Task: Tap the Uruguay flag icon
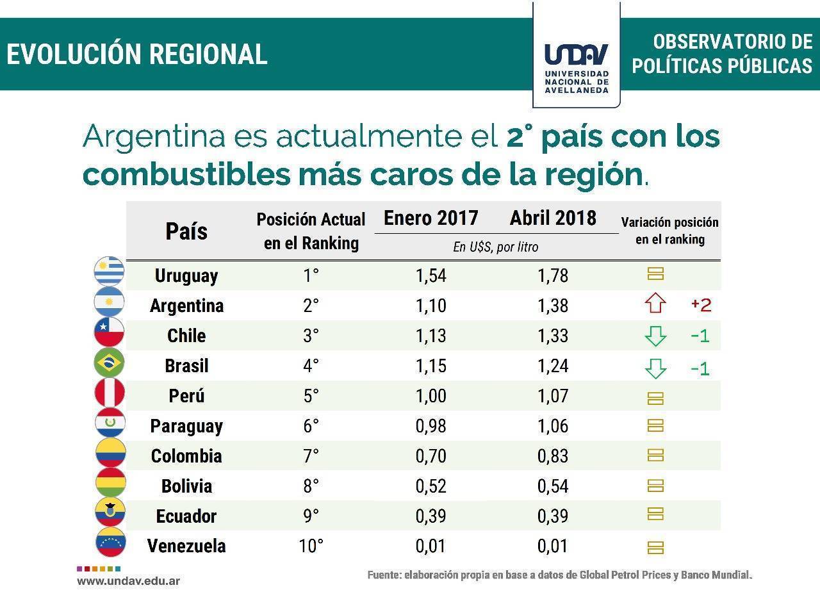[109, 272]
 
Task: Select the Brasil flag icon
[109, 363]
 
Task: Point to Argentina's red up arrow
[655, 304]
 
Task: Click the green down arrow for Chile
[655, 335]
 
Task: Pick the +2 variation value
[701, 305]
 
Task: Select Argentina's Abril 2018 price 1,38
[553, 306]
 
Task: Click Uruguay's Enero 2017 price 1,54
[430, 276]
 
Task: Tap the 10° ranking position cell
[311, 546]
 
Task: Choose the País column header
[186, 231]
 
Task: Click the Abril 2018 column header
[553, 218]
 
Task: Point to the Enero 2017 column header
[430, 218]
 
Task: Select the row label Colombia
[186, 456]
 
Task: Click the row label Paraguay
[186, 426]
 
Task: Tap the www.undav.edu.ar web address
[128, 581]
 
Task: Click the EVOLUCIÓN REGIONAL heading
[137, 54]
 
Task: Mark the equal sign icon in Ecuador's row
[655, 514]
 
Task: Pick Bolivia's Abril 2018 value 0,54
[553, 486]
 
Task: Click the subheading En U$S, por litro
[495, 247]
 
